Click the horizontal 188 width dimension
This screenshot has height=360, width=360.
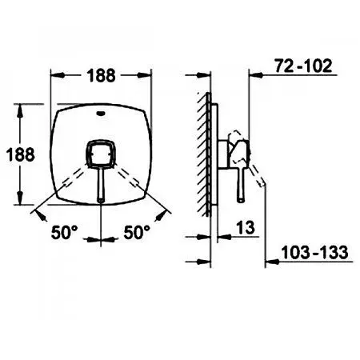101,75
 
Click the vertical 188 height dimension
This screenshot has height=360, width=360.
21,154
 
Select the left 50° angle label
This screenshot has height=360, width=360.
64,232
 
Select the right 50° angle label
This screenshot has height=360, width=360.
137,232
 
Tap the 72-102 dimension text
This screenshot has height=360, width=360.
303,66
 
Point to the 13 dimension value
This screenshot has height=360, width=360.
246,228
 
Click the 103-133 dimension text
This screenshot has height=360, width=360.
315,252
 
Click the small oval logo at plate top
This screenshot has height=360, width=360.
101,114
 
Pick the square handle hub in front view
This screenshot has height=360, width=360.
101,154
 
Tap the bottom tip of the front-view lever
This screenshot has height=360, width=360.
101,202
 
